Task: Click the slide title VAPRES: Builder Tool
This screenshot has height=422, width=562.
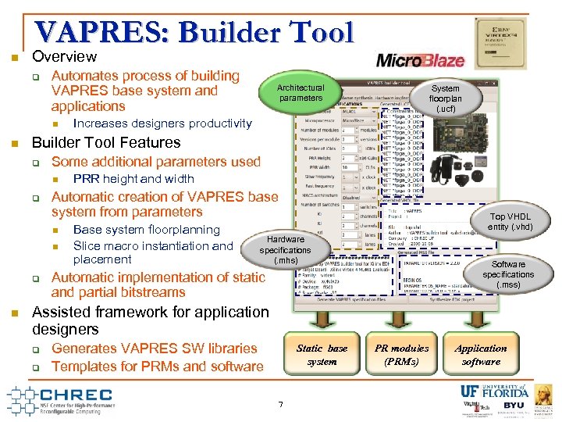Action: tap(194, 32)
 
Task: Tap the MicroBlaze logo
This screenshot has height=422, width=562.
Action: tap(421, 60)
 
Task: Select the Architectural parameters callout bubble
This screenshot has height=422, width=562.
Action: tap(301, 93)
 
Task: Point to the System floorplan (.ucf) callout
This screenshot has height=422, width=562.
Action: tap(446, 98)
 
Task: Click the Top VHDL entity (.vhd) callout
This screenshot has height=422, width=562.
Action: tap(510, 222)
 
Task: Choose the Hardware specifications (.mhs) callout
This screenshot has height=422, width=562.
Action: tap(286, 249)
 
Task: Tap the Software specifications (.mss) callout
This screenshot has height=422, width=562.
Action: tap(508, 274)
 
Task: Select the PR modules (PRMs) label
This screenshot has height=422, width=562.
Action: tap(401, 355)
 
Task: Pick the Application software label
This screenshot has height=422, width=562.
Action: tap(481, 355)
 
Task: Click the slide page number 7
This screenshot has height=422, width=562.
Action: tap(280, 403)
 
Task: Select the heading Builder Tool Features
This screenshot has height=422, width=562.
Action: tap(105, 143)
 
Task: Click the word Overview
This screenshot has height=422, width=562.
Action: tap(64, 57)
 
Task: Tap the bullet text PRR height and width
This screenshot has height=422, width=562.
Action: tap(133, 179)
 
